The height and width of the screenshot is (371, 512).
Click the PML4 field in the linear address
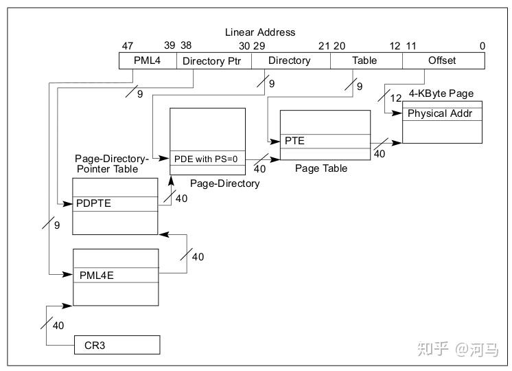(147, 60)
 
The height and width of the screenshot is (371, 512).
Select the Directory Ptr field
(214, 60)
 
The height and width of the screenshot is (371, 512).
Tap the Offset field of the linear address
(442, 60)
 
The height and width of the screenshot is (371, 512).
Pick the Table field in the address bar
(364, 60)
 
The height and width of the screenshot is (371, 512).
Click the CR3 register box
(117, 344)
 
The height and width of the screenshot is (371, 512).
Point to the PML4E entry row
(116, 275)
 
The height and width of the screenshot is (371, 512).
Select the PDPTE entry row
(115, 204)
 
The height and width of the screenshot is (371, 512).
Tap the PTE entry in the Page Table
(325, 141)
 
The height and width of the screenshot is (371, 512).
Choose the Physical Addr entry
(442, 113)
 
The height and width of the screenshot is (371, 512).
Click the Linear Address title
(260, 32)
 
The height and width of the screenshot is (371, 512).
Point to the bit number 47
(128, 45)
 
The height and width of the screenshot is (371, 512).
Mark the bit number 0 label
(482, 45)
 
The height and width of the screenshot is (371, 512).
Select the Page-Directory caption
(224, 183)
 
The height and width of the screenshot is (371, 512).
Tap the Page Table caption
(321, 168)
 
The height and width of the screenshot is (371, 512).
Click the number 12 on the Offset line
(397, 98)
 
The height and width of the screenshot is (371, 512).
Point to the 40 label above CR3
(58, 325)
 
